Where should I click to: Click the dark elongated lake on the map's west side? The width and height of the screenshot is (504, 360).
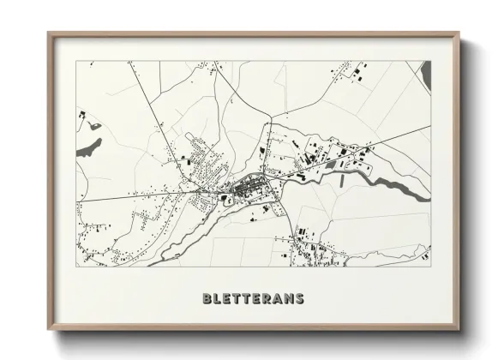click(88, 148)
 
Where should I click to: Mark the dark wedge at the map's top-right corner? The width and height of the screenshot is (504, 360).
click(425, 72)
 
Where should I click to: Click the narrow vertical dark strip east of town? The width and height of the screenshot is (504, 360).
click(342, 181)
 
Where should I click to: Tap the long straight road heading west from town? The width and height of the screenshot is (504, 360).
click(129, 196)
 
